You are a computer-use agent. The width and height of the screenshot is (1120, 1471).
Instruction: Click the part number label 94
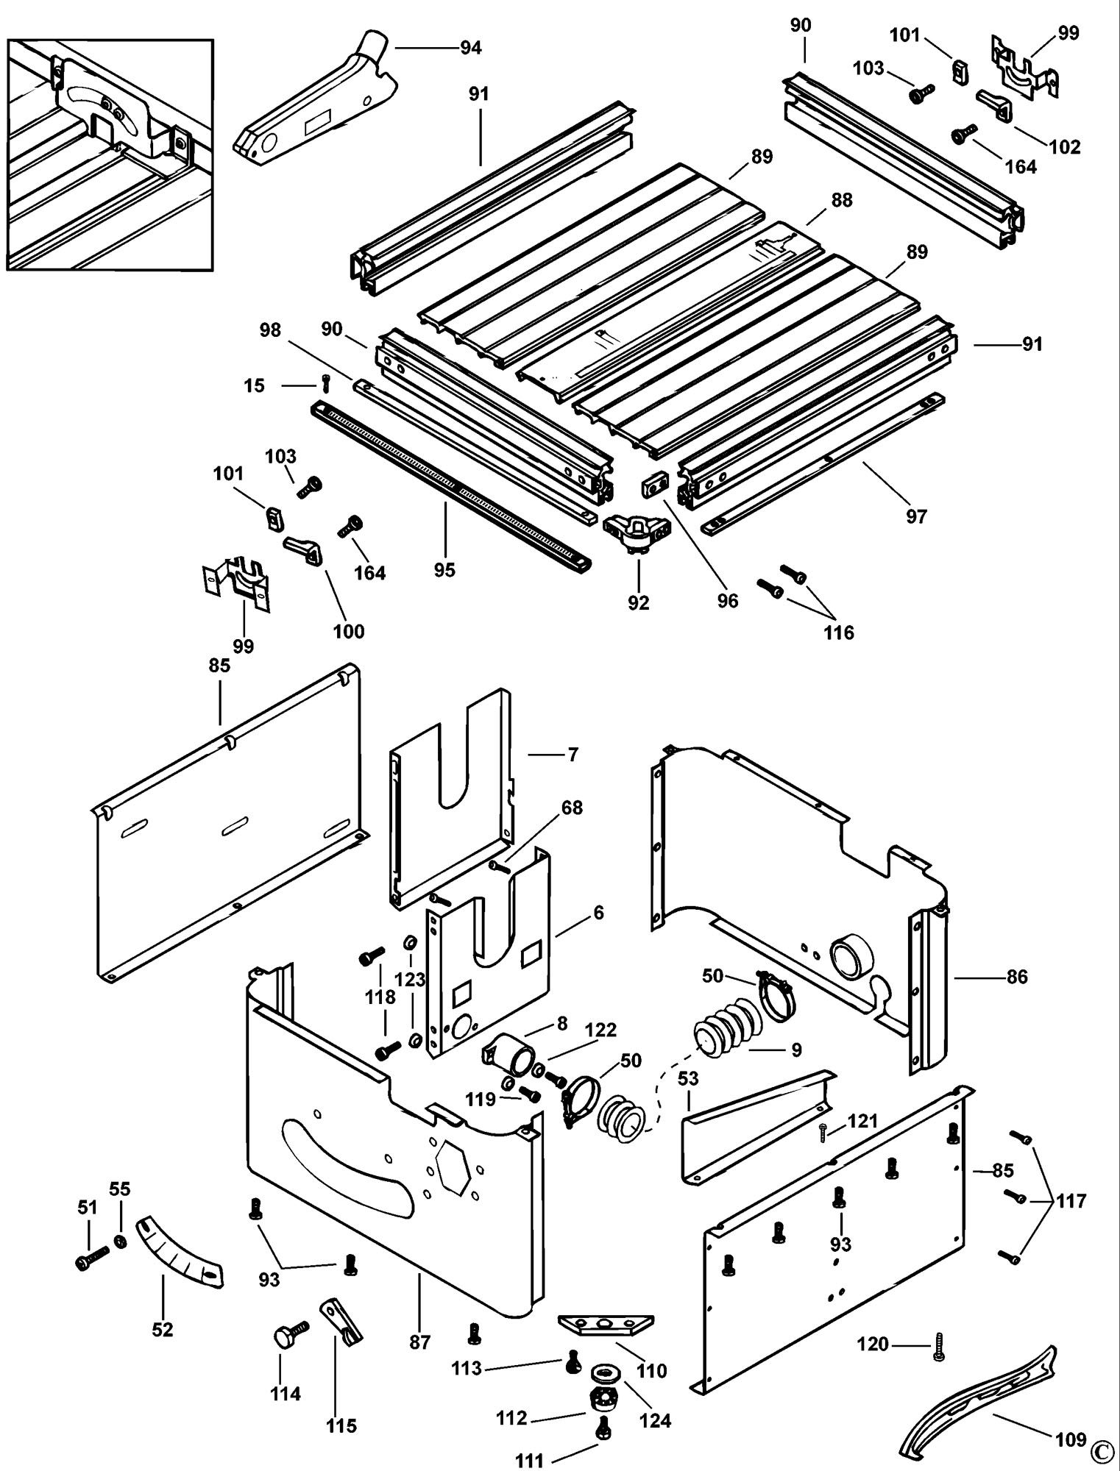tap(471, 48)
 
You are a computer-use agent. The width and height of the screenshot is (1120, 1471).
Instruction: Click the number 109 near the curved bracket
tap(1070, 1439)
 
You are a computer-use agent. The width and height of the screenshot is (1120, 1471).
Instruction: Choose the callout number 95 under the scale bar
tap(444, 570)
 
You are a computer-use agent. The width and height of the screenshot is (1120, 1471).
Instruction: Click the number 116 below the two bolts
tap(839, 632)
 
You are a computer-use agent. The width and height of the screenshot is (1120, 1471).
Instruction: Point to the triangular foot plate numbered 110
tap(605, 1324)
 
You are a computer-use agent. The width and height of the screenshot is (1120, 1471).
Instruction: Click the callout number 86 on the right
tap(1016, 977)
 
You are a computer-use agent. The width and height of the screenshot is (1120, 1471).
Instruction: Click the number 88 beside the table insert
tap(841, 200)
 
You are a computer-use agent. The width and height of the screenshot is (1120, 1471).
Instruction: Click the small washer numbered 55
tap(119, 1242)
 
